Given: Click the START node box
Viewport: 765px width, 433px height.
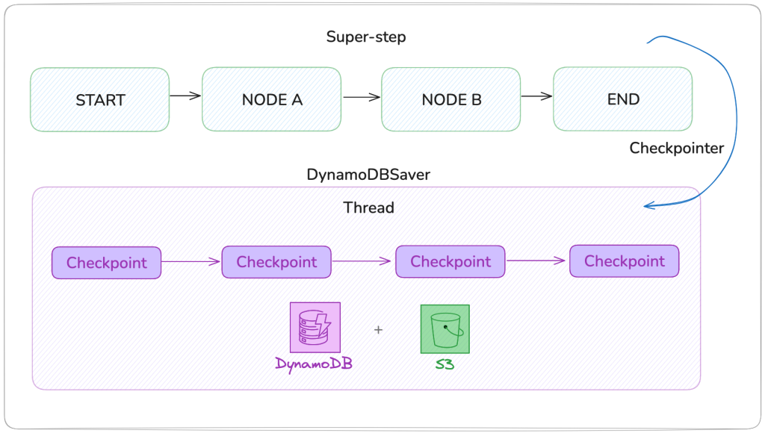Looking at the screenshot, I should [99, 100].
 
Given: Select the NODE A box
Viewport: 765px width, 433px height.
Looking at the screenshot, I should [272, 100].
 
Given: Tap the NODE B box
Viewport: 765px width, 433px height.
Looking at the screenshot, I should [450, 100].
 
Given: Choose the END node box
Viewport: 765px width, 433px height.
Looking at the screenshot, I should [622, 100].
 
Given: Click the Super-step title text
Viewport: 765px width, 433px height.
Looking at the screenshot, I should [366, 37].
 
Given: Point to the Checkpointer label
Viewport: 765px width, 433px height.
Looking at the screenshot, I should [676, 148].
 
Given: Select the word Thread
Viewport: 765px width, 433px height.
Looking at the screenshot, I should [368, 208].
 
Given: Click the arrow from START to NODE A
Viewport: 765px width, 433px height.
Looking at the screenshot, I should [185, 96].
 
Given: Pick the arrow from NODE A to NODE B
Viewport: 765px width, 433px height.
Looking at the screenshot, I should [361, 96].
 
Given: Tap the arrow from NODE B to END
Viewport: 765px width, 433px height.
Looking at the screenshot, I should [536, 96].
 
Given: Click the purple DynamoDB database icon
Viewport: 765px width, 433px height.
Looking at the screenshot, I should [314, 327].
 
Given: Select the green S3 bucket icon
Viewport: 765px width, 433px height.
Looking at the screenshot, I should [445, 328].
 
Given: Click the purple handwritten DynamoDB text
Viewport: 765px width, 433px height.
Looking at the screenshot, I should [314, 365].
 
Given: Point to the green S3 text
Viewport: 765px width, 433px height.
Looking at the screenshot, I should [445, 365].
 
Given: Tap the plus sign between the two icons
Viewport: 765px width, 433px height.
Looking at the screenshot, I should [378, 329].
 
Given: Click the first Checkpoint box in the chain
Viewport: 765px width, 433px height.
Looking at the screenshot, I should [106, 263].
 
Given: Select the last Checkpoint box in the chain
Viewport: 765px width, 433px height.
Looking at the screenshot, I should [624, 261].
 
